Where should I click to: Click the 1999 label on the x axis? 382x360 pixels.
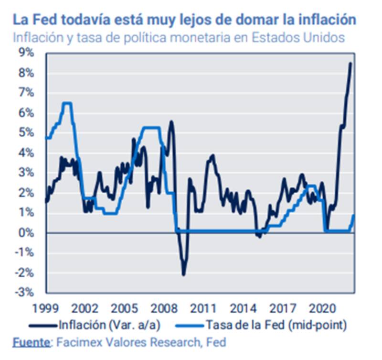point(46,306)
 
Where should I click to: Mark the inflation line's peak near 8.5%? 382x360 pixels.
point(350,64)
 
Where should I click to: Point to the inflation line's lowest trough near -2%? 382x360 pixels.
point(183,274)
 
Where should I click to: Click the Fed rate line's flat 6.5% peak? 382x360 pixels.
point(67,103)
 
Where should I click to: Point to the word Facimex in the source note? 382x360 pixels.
point(77,342)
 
